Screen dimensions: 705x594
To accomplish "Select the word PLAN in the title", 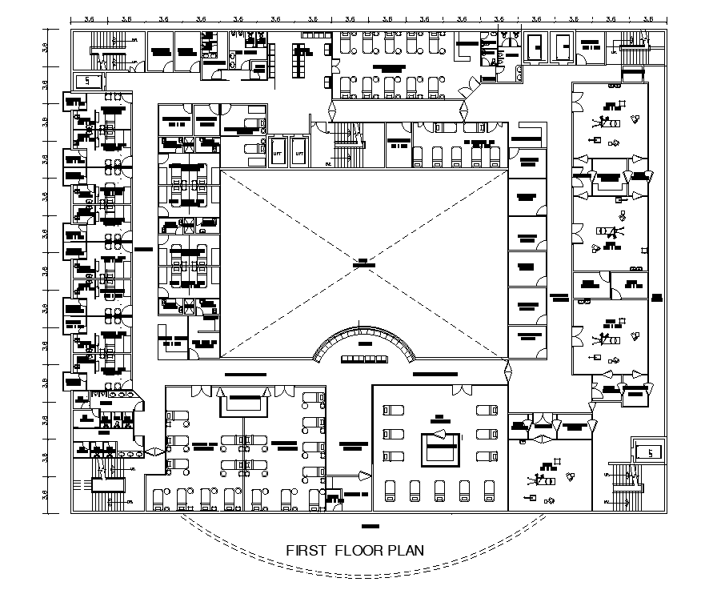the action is click(405, 551).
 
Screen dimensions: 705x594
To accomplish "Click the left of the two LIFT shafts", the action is click(279, 151).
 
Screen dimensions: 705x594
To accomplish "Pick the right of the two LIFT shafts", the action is click(299, 151).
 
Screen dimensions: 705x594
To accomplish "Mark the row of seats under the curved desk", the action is click(365, 359).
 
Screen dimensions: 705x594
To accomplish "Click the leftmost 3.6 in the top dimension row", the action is click(90, 18).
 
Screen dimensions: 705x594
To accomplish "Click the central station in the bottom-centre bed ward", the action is click(439, 446).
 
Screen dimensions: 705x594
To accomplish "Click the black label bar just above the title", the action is click(369, 526).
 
